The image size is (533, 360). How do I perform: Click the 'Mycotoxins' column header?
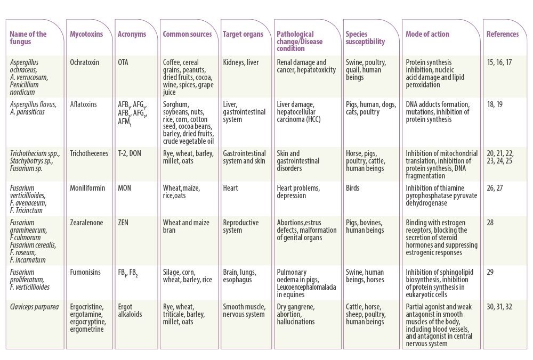coord(86,34)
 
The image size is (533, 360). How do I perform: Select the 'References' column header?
coord(503,34)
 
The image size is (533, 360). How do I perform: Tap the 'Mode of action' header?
coord(427,34)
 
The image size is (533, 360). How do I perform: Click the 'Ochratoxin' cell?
coord(85,62)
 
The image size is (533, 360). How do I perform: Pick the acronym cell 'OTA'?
coord(123,62)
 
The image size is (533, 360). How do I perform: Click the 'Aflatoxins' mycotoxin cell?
coord(83,104)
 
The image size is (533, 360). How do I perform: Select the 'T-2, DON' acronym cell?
coord(130,153)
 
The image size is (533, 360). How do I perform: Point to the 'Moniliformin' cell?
coord(87,188)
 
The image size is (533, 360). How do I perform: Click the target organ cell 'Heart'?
coord(230,188)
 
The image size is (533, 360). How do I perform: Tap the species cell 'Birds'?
coord(352,188)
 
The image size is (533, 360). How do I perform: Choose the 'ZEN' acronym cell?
coord(123,223)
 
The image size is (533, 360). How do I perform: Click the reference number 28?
coord(490,223)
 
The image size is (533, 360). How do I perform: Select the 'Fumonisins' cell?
coord(85,272)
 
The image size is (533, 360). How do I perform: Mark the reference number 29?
coord(490,272)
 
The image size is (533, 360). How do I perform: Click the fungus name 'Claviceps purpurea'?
coord(34,307)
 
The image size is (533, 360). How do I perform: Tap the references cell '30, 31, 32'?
coord(499,307)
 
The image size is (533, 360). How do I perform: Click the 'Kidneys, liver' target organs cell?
coord(241,62)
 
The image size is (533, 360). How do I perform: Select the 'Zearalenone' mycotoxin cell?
coord(86,223)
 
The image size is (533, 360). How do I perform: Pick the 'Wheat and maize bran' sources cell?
coord(186,226)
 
